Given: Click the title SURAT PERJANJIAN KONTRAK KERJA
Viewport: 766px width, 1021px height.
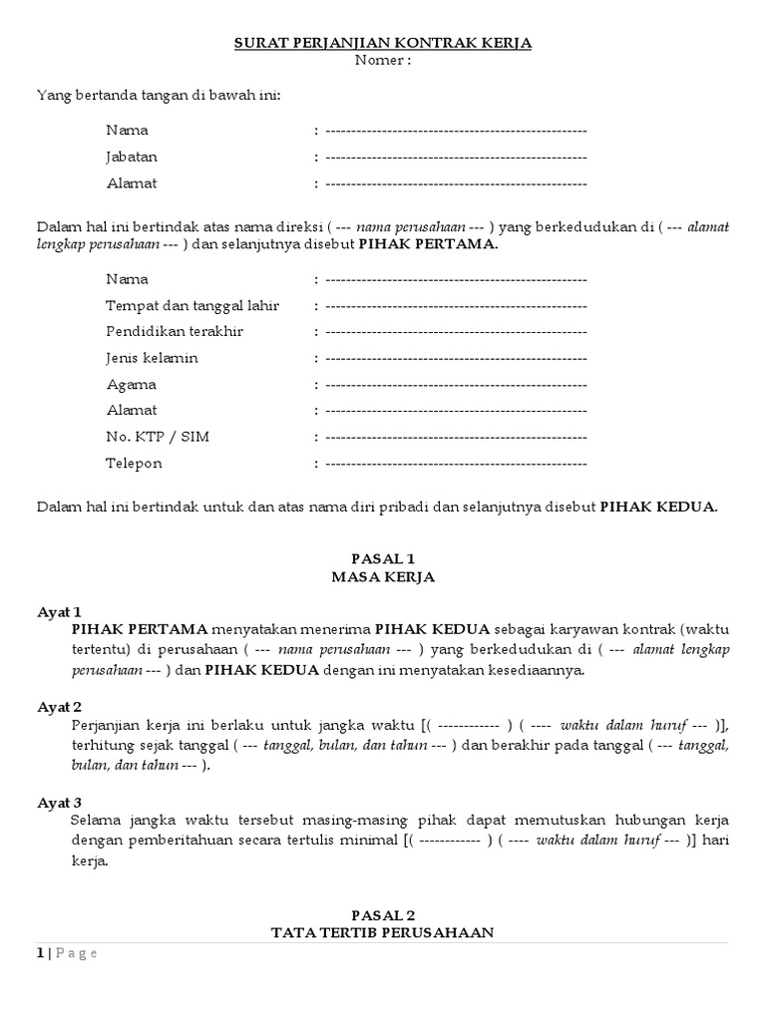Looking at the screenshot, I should [383, 43].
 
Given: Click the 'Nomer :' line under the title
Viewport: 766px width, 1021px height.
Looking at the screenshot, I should [383, 60].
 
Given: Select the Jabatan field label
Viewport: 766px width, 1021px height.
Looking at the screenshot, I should [132, 157].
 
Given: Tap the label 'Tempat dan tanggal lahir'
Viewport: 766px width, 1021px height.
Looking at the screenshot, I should [192, 305].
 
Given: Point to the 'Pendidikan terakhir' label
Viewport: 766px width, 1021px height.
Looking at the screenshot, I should [175, 331].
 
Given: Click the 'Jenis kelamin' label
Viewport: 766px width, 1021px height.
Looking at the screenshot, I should [152, 358].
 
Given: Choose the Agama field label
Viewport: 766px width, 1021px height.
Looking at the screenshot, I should [132, 384].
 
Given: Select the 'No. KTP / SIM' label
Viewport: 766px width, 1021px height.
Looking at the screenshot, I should [158, 437].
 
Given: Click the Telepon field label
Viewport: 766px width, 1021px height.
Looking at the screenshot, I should [135, 464].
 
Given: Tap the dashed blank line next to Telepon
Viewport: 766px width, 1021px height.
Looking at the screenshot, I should [456, 464].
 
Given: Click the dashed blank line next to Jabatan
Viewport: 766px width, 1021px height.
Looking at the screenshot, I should [456, 157].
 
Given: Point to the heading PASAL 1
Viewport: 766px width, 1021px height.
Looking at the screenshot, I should [383, 558].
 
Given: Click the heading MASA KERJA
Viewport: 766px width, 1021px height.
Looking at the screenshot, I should [383, 577].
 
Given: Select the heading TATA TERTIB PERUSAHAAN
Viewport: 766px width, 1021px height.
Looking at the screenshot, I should [383, 932].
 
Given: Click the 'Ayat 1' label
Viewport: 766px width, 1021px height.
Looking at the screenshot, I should [59, 611].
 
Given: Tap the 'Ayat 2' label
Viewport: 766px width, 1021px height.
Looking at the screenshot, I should [59, 707].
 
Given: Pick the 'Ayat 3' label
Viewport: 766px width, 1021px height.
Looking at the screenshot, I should [59, 802].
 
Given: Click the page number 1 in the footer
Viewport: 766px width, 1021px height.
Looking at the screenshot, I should [41, 953].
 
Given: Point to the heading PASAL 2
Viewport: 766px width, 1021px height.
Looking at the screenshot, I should [383, 914].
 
